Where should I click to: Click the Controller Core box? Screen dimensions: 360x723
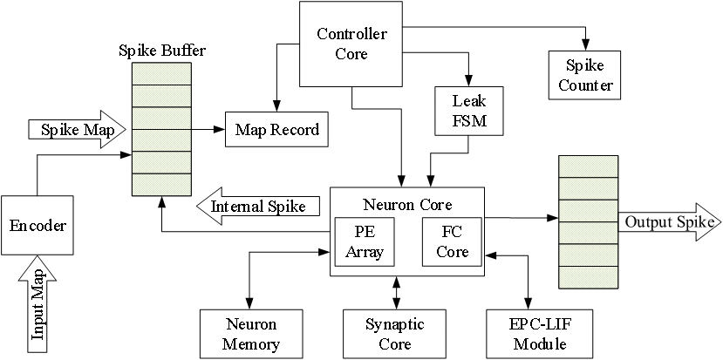coord(351,44)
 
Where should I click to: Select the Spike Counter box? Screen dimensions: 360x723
coord(585,76)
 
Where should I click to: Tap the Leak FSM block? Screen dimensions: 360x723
coord(469,111)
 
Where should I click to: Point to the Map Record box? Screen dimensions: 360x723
coord(277,130)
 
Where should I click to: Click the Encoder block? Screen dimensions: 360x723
coord(37,225)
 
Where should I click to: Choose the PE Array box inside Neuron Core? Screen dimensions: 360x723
coord(365,242)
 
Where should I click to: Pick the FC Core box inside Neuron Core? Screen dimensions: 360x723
coord(452,242)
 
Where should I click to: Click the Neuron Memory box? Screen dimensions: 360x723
coord(250,334)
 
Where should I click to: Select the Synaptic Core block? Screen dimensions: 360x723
coord(394,334)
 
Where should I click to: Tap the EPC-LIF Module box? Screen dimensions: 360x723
coord(540,334)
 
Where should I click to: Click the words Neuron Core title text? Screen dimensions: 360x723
coord(407,205)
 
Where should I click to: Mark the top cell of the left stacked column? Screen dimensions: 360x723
coord(161,74)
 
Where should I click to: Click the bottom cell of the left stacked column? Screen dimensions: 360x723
coord(161,185)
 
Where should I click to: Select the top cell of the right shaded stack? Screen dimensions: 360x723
coord(588,166)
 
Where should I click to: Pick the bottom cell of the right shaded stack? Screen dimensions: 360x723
coord(588,277)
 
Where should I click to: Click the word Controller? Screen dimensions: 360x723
coord(351,35)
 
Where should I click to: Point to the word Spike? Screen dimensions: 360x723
coord(585,66)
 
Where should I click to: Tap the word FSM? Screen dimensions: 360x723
coord(469,120)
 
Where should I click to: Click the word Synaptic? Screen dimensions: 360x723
coord(394,325)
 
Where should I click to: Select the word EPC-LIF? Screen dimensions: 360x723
coord(540,325)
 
